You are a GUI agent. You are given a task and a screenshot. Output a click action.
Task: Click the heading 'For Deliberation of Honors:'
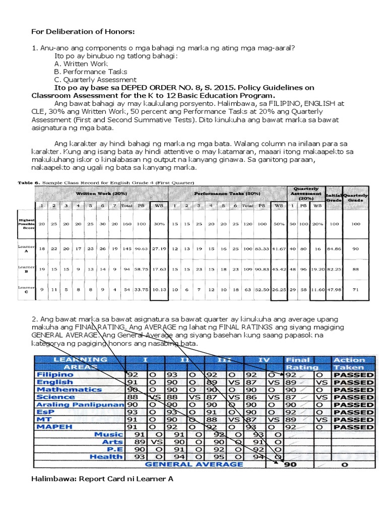83,32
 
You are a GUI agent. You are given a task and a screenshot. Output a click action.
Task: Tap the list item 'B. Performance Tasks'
91,72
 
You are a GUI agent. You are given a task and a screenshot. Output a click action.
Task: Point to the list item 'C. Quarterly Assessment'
95,80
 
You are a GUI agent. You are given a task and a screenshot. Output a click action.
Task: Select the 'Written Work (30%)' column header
98,193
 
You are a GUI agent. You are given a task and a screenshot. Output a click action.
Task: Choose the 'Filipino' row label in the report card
55,375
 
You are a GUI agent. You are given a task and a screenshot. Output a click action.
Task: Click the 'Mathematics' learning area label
69,390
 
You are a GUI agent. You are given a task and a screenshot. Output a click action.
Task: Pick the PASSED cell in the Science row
353,397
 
